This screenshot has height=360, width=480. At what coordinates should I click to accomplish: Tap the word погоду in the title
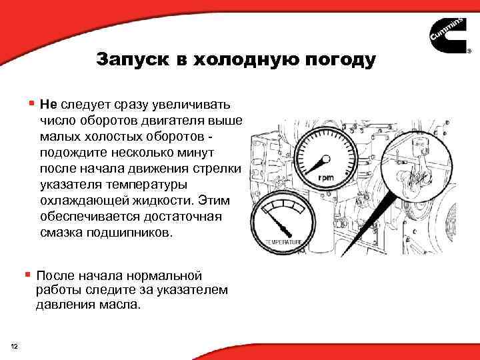(340, 60)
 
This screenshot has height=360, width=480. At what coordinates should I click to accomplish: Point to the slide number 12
(15, 345)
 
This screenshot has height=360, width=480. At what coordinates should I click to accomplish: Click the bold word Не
(48, 105)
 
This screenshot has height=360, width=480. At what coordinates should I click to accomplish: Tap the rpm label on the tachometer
(326, 178)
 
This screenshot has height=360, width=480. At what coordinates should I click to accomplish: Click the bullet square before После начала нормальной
(27, 273)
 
